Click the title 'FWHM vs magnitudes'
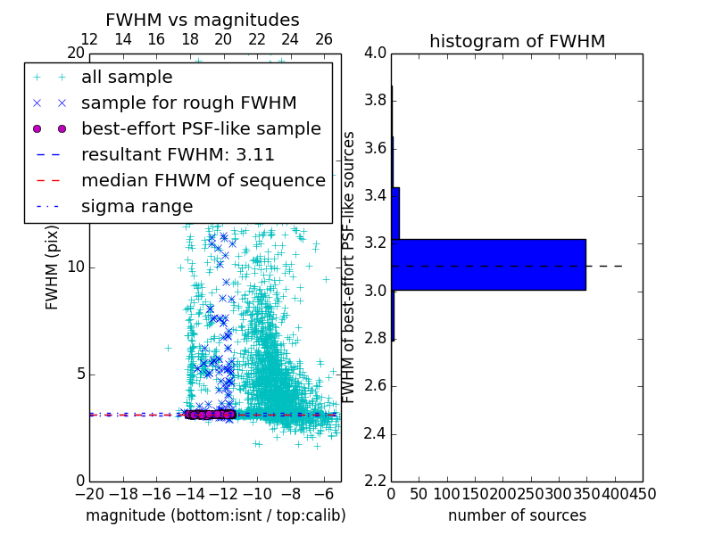coord(202,20)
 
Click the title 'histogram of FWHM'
coord(517,41)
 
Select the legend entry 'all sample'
coord(127,78)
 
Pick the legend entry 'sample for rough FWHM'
coord(188,103)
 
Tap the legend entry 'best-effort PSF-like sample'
coord(201,128)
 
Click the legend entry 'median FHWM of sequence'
coord(203,180)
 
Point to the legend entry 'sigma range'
coord(137,206)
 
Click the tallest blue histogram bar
coord(488,265)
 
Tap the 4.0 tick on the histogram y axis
coord(376,53)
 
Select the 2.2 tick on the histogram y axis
coord(376,481)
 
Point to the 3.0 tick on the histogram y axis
coord(376,291)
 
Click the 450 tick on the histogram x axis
coord(641,493)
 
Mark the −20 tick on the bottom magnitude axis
coord(89,493)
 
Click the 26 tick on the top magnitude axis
coord(324,39)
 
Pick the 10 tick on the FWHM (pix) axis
coord(76,267)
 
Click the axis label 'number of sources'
coord(517,515)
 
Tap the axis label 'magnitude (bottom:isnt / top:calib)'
coord(215,515)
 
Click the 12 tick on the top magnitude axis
coord(89,39)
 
